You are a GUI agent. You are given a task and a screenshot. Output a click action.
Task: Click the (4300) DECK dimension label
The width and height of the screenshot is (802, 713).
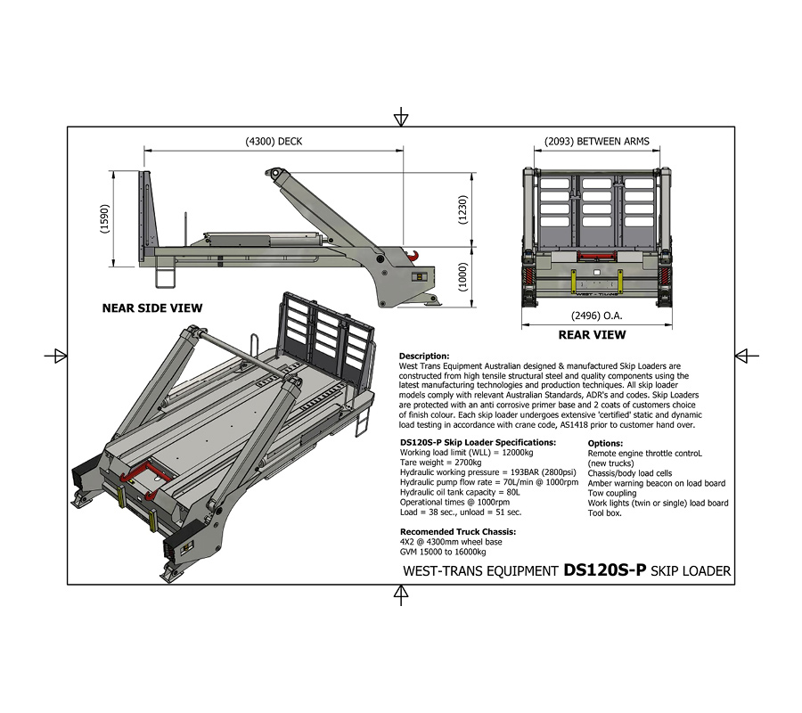[x=274, y=141]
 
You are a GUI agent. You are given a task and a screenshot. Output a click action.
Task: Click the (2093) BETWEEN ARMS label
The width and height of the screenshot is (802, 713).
[x=597, y=141]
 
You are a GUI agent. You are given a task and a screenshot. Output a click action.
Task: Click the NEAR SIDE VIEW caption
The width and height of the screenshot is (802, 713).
[x=152, y=308]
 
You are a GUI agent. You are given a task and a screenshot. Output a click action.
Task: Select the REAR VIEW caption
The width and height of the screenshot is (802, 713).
[x=592, y=335]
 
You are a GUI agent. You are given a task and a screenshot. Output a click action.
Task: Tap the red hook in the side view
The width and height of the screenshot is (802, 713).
[x=413, y=257]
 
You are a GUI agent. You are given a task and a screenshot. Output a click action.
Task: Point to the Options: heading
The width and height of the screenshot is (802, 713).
[x=606, y=443]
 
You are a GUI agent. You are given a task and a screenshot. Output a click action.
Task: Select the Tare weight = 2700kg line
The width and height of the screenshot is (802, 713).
[x=441, y=463]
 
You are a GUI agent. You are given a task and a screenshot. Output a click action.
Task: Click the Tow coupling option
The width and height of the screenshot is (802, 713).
[x=612, y=493]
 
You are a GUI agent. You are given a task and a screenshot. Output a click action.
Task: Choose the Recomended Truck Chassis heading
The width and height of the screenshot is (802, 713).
[x=458, y=531]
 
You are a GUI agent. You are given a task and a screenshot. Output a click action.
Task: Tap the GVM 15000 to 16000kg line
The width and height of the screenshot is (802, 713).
[x=442, y=552]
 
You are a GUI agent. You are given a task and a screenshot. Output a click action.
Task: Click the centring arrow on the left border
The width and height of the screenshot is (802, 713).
[x=56, y=355]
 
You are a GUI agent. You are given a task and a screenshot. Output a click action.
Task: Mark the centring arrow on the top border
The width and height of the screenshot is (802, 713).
[x=402, y=117]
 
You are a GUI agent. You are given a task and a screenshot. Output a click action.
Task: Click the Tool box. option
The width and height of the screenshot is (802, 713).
[x=605, y=512]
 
